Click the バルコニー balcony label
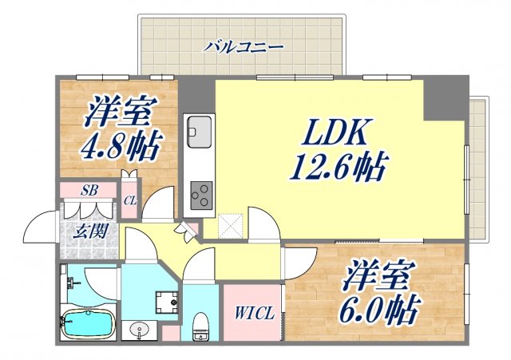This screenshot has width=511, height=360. [x=243, y=47]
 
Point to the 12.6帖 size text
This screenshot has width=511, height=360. [x=339, y=168]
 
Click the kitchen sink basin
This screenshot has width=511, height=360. [x=200, y=128]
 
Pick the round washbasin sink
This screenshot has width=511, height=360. [x=141, y=330]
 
